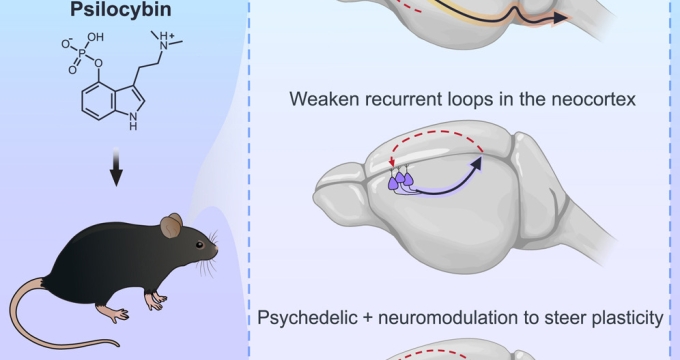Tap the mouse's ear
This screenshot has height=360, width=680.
pos(171,227)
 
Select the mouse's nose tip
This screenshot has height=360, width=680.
pos(216,247)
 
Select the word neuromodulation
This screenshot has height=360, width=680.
pos(454,319)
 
